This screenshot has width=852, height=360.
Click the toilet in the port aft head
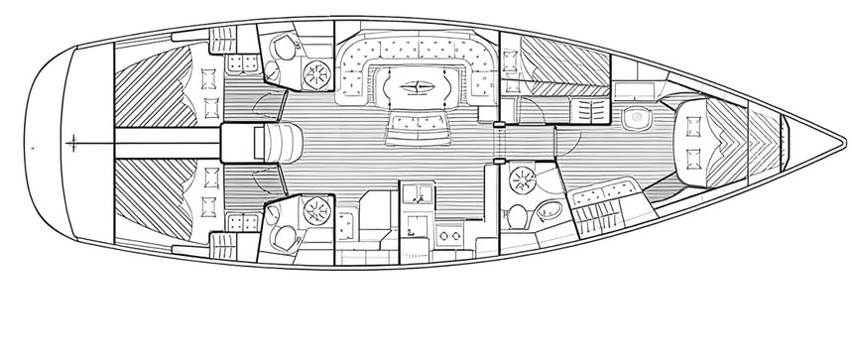coord(284,47)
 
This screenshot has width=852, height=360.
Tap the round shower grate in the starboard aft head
coord(317,209)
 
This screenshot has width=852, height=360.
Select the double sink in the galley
coord(417,191)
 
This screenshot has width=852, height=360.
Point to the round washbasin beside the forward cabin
coord(634,118)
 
